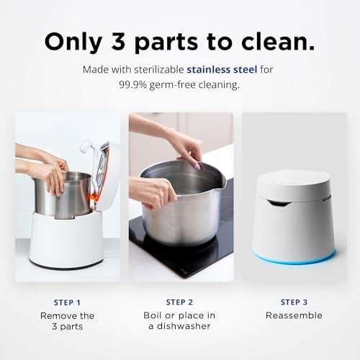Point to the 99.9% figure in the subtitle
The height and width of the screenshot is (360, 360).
tap(137, 84)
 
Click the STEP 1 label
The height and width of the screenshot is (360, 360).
tap(67, 302)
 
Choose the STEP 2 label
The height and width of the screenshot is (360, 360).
tap(180, 302)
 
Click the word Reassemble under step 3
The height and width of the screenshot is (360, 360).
tap(294, 315)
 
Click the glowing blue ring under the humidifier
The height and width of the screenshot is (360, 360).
tap(294, 258)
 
